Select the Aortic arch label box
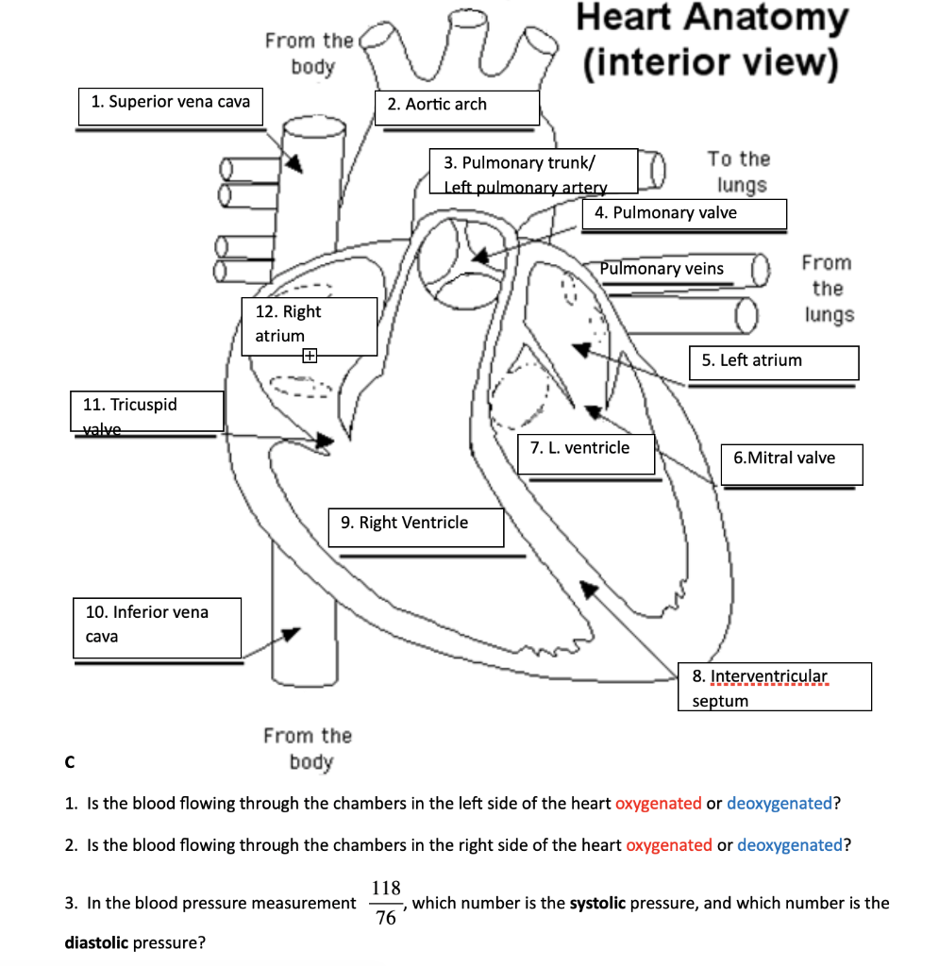click(x=457, y=107)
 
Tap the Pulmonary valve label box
click(x=683, y=214)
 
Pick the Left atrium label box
click(x=776, y=362)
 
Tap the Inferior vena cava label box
click(x=157, y=626)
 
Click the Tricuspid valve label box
click(x=147, y=412)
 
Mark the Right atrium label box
click(x=310, y=326)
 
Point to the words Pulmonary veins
click(x=662, y=269)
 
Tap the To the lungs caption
click(x=739, y=172)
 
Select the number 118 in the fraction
click(x=386, y=888)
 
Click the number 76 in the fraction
click(x=386, y=919)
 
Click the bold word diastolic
click(x=97, y=942)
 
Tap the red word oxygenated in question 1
click(x=659, y=804)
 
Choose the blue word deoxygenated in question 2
click(x=789, y=845)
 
